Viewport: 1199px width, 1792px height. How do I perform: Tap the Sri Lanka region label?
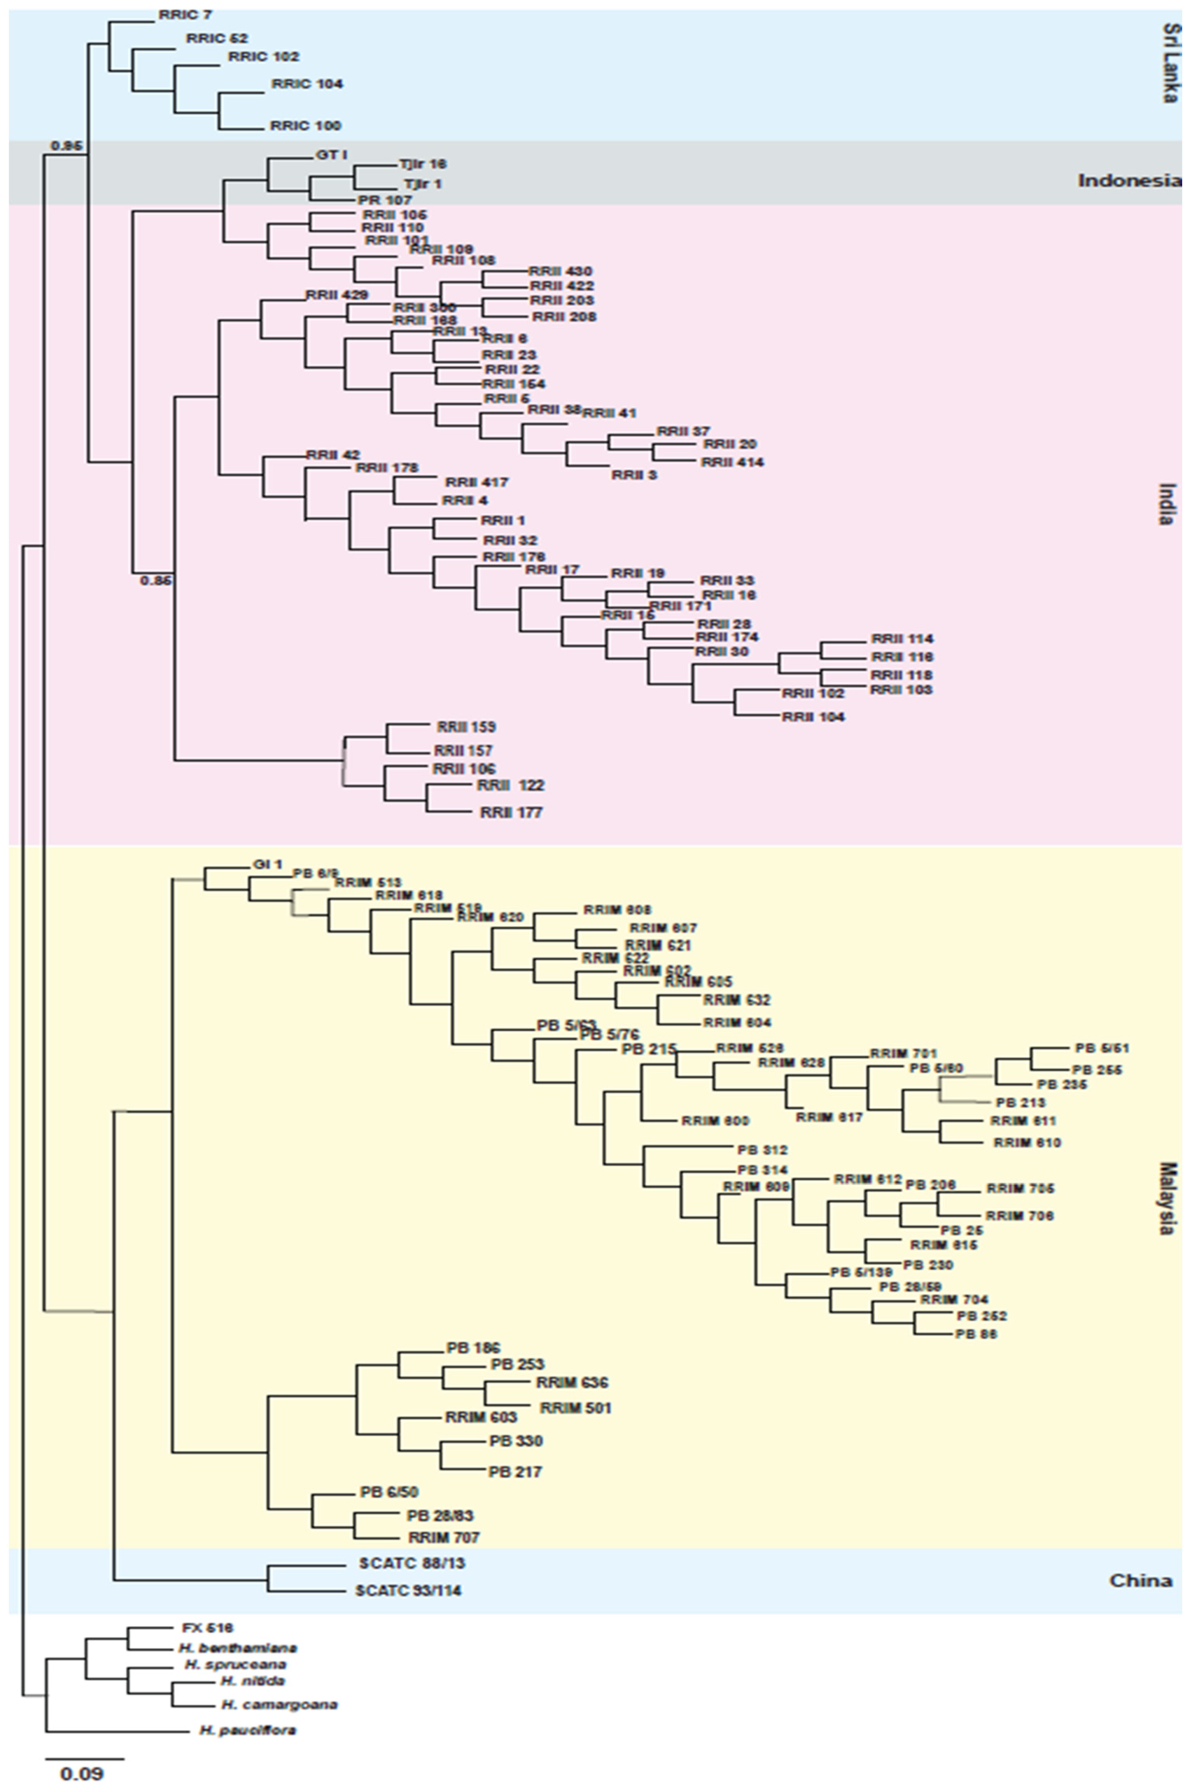tap(1169, 62)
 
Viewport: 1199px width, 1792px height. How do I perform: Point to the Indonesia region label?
tap(1129, 181)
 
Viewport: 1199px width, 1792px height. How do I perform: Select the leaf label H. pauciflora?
tap(248, 1730)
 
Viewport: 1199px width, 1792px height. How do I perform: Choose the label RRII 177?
tap(511, 812)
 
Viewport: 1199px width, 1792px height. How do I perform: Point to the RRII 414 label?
tap(733, 462)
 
